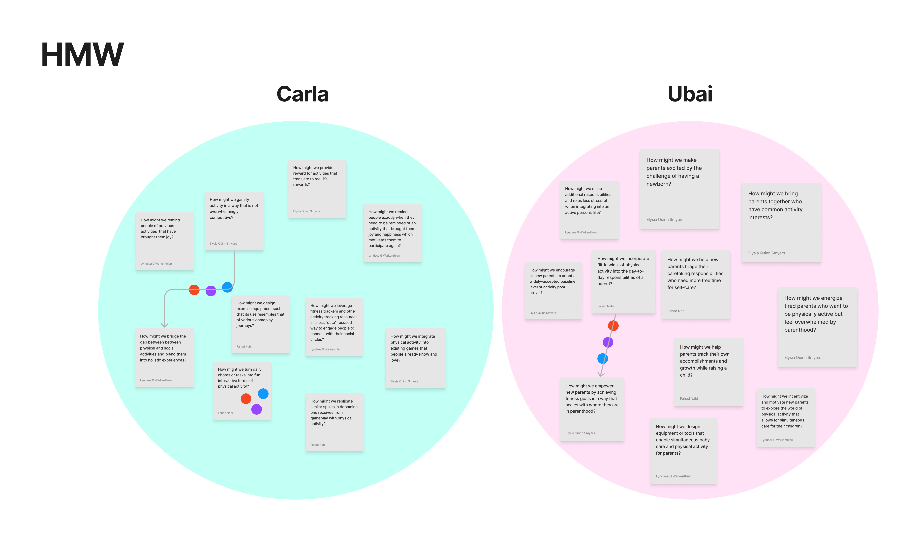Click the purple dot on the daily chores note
point(257,409)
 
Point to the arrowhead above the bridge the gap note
point(165,325)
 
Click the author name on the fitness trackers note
point(326,349)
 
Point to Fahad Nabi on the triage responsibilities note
point(676,311)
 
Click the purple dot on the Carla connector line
point(211,291)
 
